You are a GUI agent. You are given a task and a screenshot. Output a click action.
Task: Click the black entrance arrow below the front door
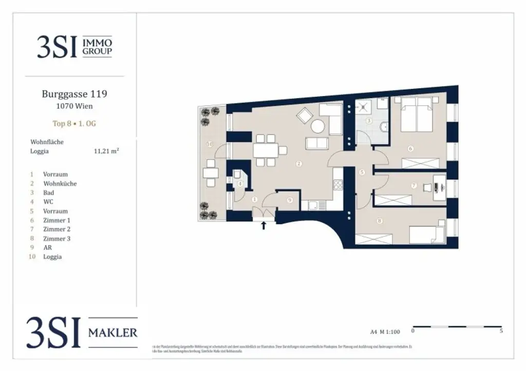click(x=264, y=225)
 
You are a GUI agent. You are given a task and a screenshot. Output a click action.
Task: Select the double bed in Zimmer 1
click(x=417, y=115)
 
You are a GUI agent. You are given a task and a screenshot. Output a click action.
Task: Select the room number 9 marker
click(x=290, y=200)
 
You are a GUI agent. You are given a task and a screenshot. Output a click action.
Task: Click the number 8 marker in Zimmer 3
click(x=380, y=221)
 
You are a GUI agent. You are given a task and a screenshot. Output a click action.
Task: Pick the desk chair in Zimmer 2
click(x=427, y=188)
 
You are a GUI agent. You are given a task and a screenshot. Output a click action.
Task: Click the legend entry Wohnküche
click(x=60, y=183)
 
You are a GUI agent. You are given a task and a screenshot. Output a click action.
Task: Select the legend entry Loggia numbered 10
click(x=52, y=257)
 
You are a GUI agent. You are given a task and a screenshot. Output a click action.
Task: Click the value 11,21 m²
click(x=106, y=151)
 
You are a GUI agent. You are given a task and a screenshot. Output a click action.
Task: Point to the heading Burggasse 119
click(x=74, y=94)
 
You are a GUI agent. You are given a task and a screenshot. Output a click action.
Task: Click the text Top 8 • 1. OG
click(x=74, y=124)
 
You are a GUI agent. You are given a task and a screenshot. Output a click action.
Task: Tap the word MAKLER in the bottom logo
click(x=112, y=333)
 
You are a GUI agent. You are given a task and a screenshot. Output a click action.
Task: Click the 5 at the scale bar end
click(x=501, y=331)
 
